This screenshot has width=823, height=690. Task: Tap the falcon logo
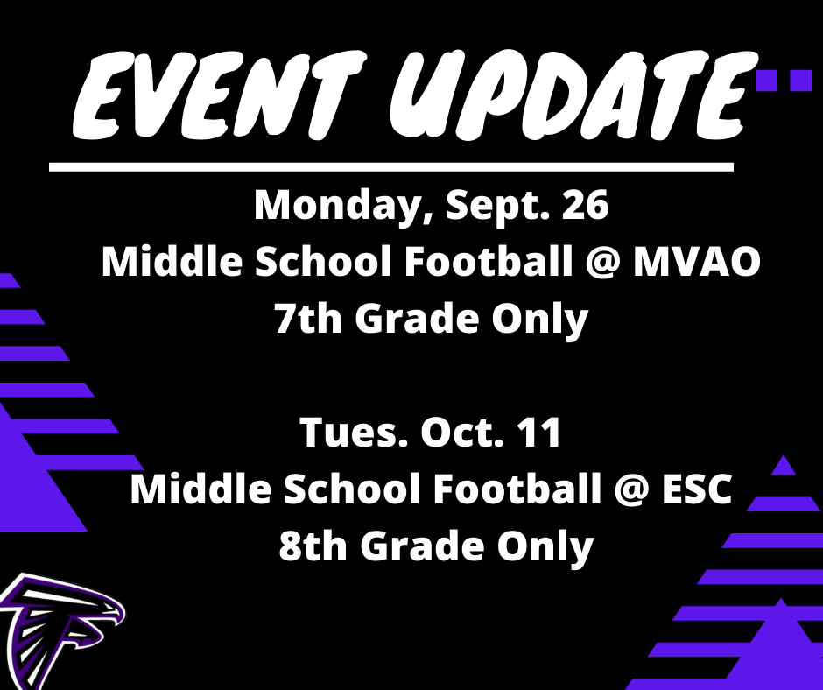[x=60, y=631]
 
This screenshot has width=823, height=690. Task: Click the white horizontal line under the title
[x=391, y=167]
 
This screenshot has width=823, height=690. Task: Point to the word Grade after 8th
[x=421, y=546]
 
